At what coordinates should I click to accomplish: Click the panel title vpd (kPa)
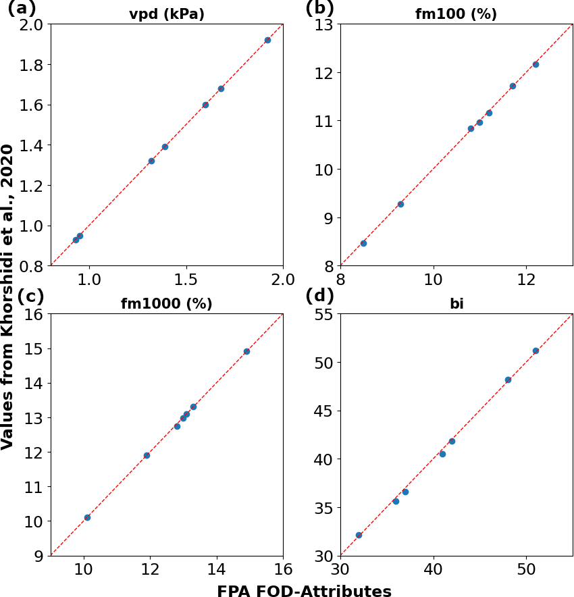click(167, 14)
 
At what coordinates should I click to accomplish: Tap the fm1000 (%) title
click(167, 304)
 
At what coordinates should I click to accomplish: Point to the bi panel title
click(456, 304)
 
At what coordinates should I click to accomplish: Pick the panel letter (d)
click(320, 296)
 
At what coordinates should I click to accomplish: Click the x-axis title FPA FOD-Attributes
click(304, 592)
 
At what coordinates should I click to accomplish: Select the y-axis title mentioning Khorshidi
click(8, 296)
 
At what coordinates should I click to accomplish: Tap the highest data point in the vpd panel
click(267, 40)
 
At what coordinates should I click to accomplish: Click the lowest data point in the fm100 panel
click(363, 243)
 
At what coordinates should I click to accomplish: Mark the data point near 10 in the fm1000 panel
click(87, 517)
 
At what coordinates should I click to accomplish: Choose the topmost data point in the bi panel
click(536, 351)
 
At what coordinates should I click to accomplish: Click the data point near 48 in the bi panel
click(508, 380)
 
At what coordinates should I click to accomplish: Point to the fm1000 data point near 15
click(246, 351)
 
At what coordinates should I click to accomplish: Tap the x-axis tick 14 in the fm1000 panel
click(217, 569)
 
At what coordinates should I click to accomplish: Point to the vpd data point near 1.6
click(205, 105)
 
